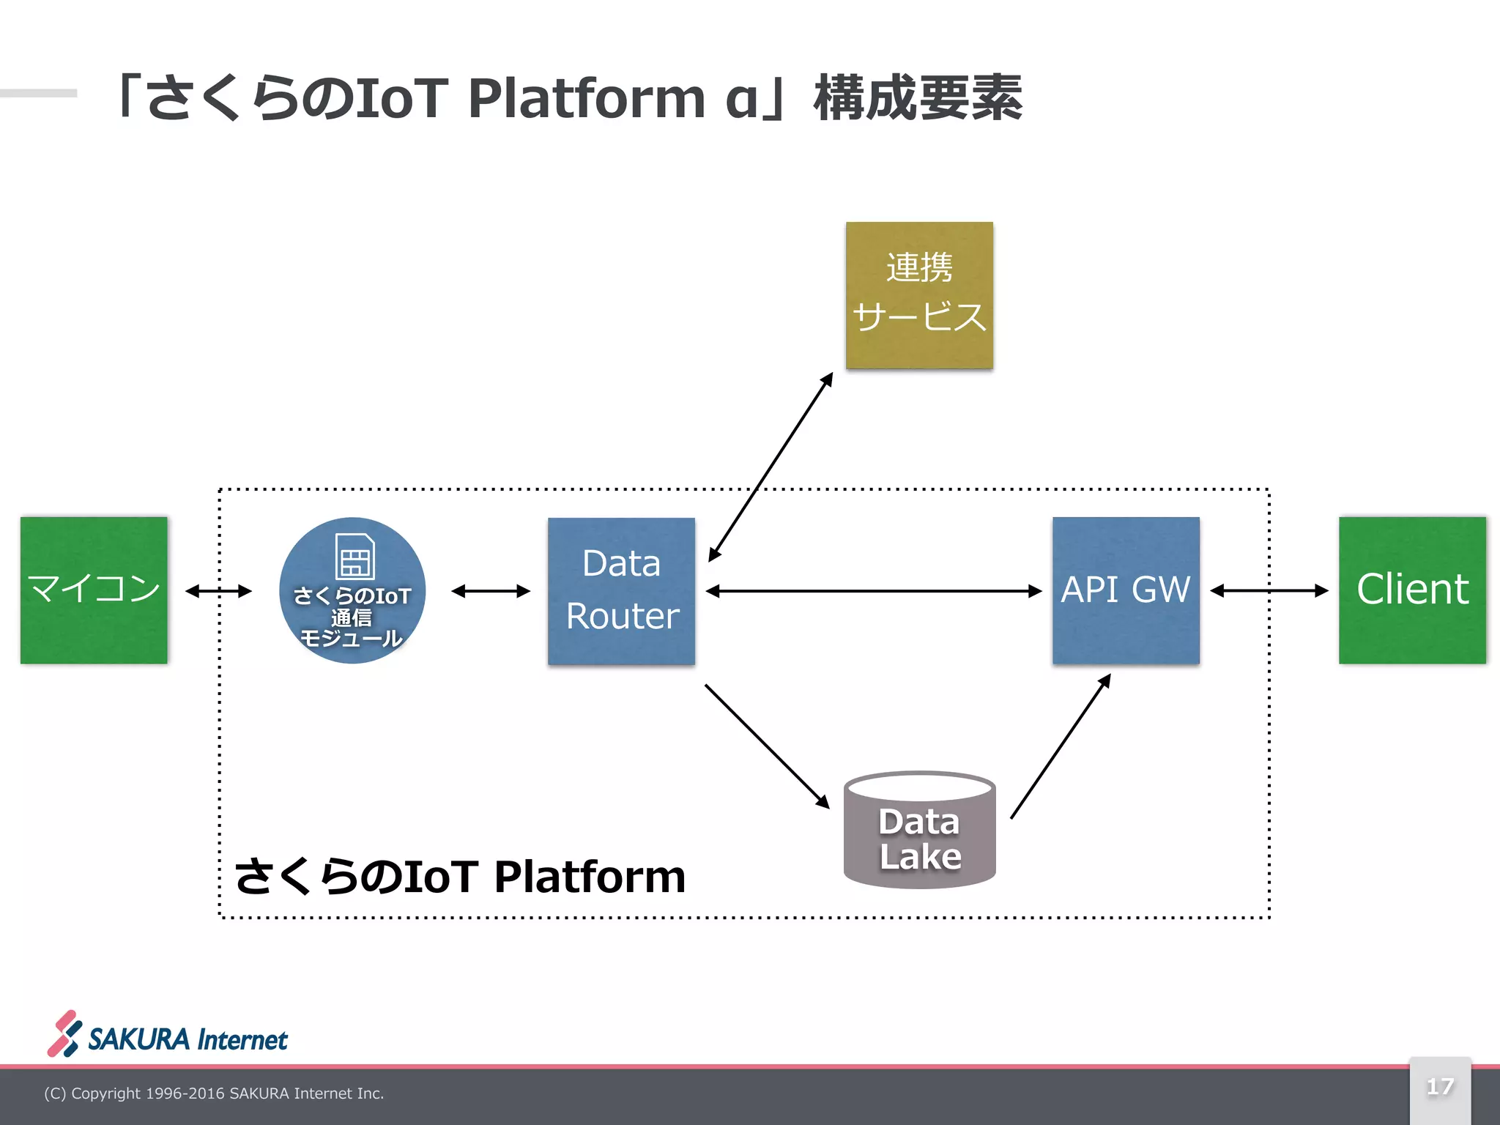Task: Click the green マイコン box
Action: pos(94,590)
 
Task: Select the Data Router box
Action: pos(621,590)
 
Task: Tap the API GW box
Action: pos(1126,590)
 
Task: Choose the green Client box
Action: pos(1412,590)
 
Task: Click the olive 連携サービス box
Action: pos(919,295)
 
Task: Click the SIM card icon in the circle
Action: pos(354,557)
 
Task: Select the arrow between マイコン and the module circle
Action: pos(218,591)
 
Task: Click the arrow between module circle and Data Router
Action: pos(491,591)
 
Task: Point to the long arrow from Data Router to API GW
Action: pos(873,591)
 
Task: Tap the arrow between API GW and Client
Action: pos(1269,590)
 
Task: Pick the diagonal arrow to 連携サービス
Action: pos(771,467)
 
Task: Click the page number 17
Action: pos(1440,1086)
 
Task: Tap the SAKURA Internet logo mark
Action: pos(64,1033)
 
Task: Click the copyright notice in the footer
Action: pos(214,1094)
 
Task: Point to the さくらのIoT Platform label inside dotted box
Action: pos(460,876)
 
